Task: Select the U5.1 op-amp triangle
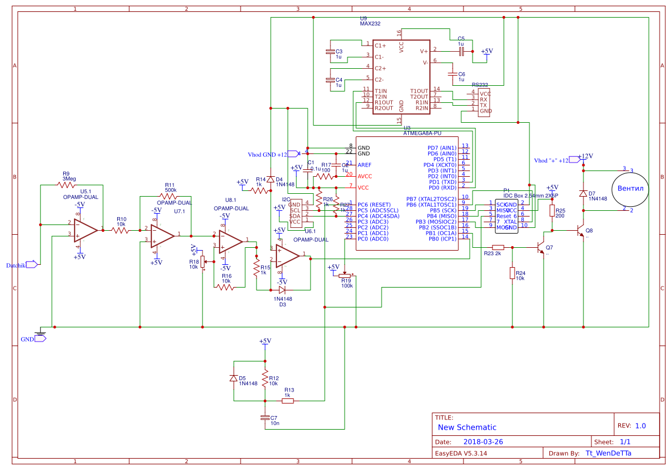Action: coord(85,229)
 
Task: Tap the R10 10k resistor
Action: coord(121,231)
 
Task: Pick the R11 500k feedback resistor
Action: coord(170,196)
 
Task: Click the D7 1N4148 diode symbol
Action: coord(583,194)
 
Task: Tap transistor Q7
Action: coord(541,248)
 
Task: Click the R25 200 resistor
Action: coord(552,211)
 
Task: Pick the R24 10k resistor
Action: coord(513,273)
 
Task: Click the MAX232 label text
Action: coord(370,24)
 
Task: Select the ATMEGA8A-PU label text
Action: coord(422,134)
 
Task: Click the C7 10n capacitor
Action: coord(264,418)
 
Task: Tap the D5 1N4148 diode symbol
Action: coord(233,378)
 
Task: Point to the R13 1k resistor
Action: coord(288,401)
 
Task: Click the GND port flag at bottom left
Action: coord(40,339)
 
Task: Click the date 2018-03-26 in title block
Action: coord(483,442)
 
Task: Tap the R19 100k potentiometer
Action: coord(345,276)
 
